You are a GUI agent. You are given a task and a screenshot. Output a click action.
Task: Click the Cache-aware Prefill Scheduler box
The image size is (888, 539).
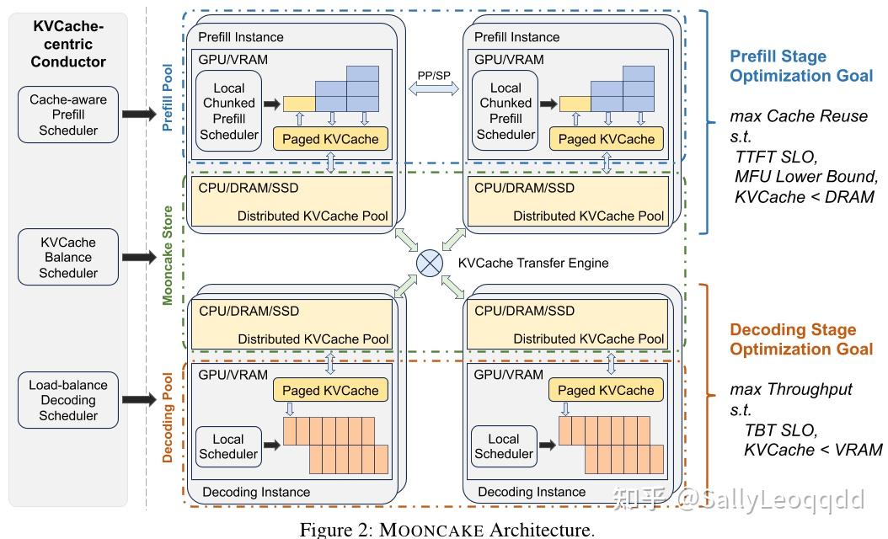68,115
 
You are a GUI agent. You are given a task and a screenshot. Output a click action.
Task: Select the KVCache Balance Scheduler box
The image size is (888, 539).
68,257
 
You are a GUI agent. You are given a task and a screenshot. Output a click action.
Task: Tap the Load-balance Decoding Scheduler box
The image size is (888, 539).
68,400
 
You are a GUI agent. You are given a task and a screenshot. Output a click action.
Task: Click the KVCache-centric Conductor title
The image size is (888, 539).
68,44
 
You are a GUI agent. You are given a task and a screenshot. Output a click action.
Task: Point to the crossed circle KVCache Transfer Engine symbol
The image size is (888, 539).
431,263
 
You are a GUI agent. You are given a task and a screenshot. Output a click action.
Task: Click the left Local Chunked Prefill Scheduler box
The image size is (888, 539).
228,110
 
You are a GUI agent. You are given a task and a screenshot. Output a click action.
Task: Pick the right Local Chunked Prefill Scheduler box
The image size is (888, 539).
506,110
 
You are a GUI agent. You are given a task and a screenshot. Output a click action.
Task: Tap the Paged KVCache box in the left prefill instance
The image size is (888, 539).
330,139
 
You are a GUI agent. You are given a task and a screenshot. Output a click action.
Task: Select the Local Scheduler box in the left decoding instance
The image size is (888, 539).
227,446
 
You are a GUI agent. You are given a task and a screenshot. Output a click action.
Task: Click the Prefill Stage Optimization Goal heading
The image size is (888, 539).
800,67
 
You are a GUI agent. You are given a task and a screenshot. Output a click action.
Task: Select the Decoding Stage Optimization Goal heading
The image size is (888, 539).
800,339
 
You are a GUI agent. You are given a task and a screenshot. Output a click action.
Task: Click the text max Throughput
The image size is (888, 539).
790,390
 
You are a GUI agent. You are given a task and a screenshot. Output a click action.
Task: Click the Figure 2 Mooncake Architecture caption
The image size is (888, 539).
447,530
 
